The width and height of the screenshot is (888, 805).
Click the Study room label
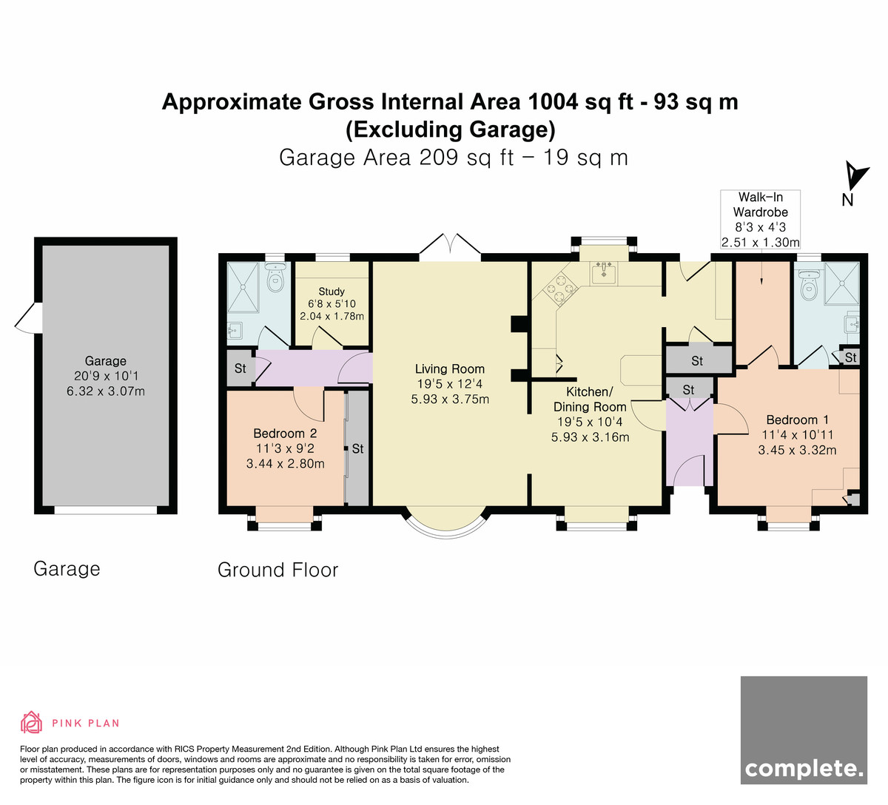(x=332, y=292)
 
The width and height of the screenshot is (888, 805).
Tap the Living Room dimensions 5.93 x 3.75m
(x=450, y=399)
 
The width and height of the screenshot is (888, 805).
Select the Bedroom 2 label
(x=285, y=433)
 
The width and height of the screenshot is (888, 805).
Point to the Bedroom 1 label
(x=797, y=420)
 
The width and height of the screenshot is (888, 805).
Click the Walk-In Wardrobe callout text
(x=761, y=204)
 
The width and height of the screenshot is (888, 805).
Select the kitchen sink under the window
(x=604, y=272)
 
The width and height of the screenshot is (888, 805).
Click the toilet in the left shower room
(x=276, y=277)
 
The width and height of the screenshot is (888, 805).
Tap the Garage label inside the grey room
(x=105, y=361)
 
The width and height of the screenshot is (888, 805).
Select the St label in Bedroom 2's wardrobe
(x=357, y=449)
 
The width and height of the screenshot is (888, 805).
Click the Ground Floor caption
(x=278, y=570)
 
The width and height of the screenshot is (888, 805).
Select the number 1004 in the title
(x=554, y=102)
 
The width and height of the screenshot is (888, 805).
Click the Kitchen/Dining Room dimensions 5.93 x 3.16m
(x=590, y=437)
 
